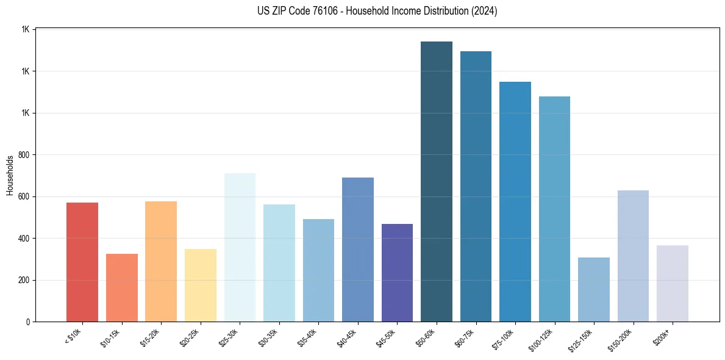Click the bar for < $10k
(82, 262)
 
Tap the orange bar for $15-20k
(161, 262)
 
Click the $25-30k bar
(240, 248)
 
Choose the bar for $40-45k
(358, 250)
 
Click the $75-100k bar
(515, 202)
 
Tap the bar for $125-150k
(594, 290)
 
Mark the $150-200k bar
(633, 256)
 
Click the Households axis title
(10, 176)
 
